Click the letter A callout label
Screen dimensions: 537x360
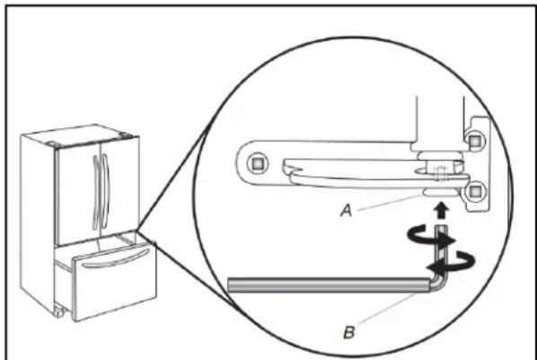pos(347,211)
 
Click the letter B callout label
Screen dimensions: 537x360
pos(348,332)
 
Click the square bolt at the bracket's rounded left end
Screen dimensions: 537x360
pos(256,164)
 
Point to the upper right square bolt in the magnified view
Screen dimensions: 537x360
pos(474,140)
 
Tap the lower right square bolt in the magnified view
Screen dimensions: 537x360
pos(474,192)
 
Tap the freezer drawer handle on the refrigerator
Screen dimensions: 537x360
pos(116,259)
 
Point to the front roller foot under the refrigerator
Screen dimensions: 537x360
pos(59,311)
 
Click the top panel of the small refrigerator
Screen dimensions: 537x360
pos(80,135)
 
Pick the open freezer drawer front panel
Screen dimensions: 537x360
pos(116,282)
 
